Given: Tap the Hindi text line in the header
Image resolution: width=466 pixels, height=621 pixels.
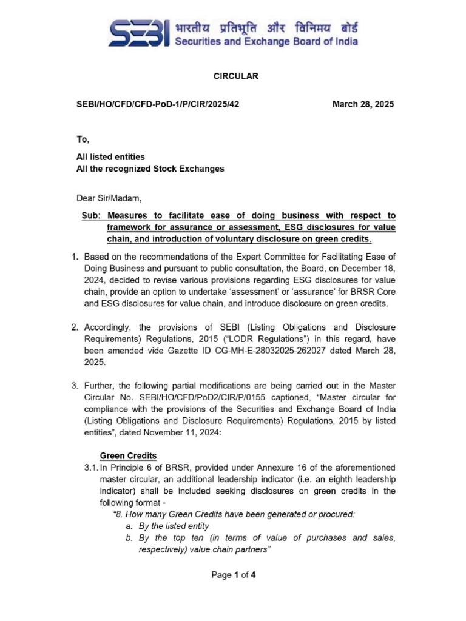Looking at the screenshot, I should (266, 28).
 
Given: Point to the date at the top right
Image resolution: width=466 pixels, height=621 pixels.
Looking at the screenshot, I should (363, 104).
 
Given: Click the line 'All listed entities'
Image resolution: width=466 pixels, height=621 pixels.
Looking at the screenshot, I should (110, 157).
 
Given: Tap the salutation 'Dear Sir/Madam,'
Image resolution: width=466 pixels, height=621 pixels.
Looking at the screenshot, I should (101, 197).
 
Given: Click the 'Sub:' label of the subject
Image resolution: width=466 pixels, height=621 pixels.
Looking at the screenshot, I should (90, 215).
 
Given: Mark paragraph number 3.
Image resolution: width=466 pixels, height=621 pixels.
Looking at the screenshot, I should (74, 385).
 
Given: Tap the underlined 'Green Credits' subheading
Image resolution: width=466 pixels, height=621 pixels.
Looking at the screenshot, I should (127, 455).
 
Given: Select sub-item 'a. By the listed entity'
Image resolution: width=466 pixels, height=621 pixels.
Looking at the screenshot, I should (162, 526).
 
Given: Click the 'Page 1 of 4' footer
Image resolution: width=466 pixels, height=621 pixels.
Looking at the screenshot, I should (234, 576).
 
